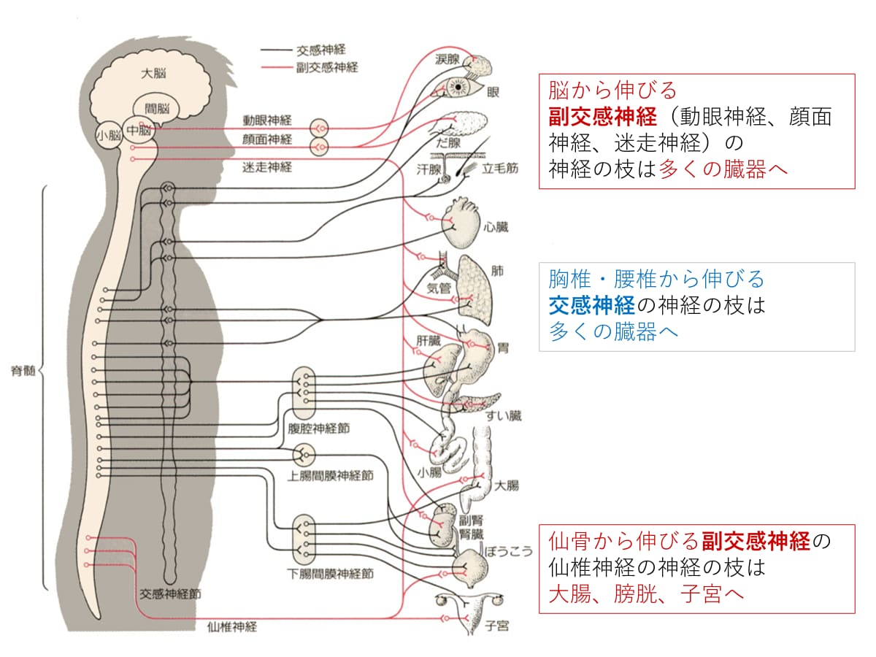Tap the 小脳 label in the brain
109,135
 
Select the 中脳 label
139,130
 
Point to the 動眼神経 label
267,120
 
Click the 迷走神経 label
267,166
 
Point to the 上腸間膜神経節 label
329,474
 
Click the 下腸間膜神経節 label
330,574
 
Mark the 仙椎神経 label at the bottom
231,626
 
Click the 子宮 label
497,626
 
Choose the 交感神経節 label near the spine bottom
170,593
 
